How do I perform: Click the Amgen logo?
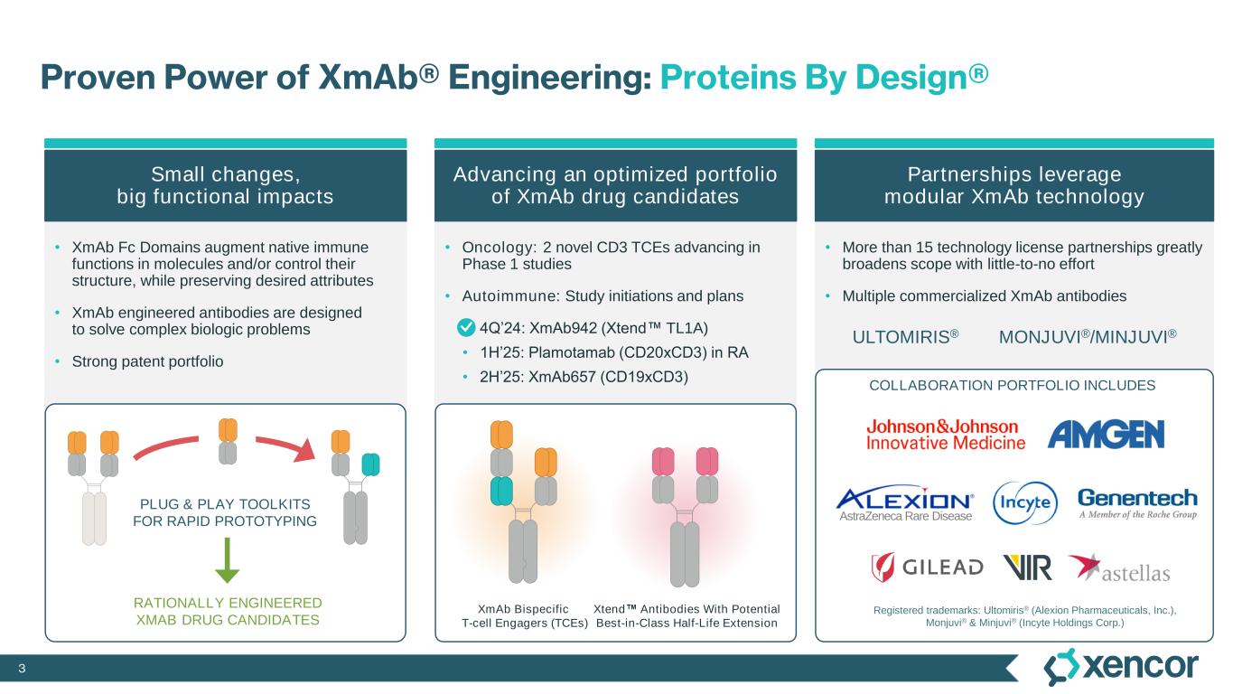[1106, 435]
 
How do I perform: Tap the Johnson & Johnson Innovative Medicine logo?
[946, 435]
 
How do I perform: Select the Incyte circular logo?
[1025, 502]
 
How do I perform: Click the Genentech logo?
[1137, 503]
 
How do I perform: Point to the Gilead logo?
[927, 567]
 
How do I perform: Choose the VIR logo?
[1027, 567]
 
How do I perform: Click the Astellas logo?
[1119, 568]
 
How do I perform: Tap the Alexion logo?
[905, 504]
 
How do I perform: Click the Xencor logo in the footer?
[1121, 667]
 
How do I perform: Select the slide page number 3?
[22, 669]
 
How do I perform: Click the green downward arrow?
[227, 560]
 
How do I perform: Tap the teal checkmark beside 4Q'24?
[466, 328]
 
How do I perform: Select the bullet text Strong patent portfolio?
[147, 361]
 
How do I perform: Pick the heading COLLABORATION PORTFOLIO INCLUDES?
[1013, 385]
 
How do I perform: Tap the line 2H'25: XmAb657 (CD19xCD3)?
[584, 377]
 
